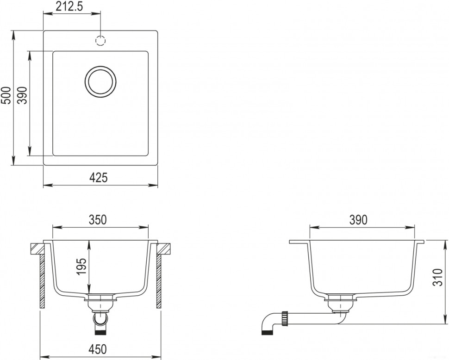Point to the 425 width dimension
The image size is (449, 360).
[x=100, y=177]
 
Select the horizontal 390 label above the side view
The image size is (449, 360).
[x=358, y=219]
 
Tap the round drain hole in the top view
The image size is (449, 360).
[x=100, y=82]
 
